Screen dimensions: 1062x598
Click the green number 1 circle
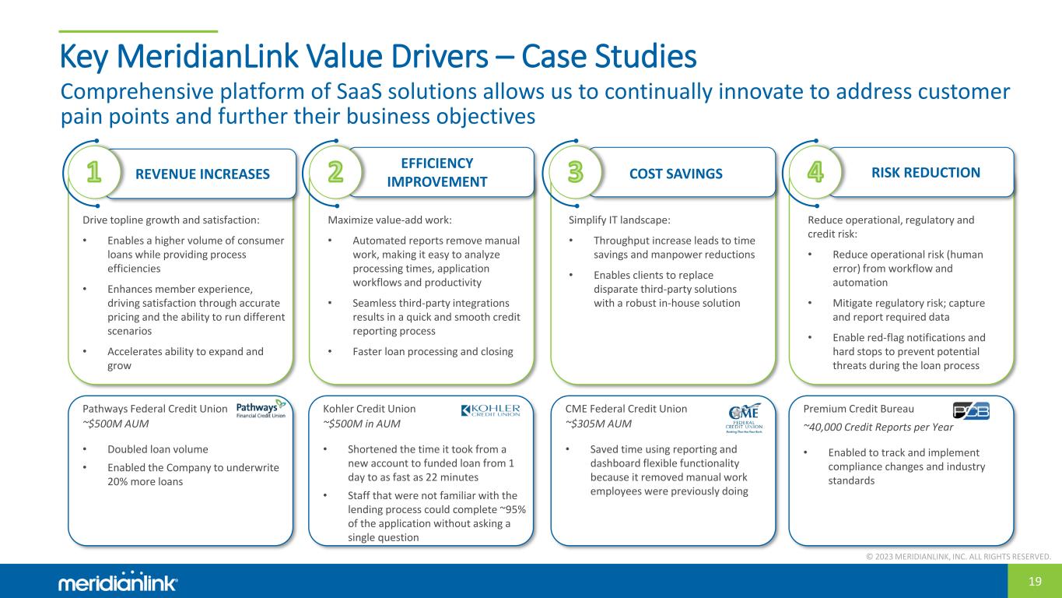point(94,172)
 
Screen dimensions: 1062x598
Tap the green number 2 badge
point(335,172)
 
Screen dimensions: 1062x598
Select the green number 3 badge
point(575,172)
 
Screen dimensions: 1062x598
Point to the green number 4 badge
point(815,172)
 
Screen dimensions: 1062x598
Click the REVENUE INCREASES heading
point(202,174)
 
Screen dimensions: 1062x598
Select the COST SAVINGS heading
point(675,174)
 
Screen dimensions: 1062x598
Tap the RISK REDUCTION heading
point(926,172)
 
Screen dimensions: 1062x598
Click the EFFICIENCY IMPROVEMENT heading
point(436,172)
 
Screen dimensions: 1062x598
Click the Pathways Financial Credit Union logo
point(261,409)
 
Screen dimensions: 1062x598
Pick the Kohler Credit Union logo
point(490,410)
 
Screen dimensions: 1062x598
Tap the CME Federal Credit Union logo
point(744,418)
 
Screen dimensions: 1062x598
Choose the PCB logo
point(971,411)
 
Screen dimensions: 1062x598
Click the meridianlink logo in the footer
point(117,582)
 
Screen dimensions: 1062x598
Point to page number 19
point(1035,582)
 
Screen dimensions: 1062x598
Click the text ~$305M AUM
point(598,424)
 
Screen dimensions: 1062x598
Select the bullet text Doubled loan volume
point(157,449)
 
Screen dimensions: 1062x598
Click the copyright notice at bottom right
point(959,557)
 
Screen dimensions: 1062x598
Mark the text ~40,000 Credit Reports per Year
point(878,427)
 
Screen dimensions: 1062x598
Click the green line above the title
point(138,31)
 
